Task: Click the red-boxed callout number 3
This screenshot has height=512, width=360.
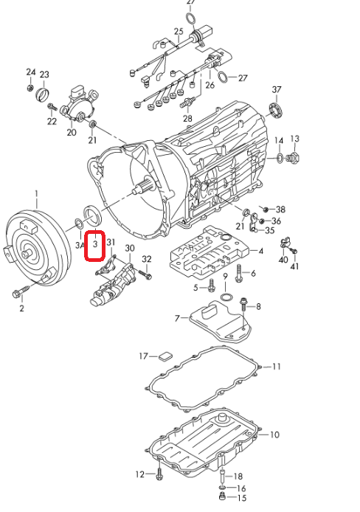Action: pos(95,244)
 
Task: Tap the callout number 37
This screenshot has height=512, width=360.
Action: pos(277,89)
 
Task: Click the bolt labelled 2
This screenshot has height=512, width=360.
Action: pos(21,292)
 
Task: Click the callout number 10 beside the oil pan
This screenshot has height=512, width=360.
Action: pos(274,435)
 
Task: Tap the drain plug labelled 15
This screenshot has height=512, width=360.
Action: pos(222,497)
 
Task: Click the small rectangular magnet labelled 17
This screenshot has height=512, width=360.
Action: pos(166,356)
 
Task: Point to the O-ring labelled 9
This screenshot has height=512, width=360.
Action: pos(226,297)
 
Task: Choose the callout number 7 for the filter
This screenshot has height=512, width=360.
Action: pos(177,318)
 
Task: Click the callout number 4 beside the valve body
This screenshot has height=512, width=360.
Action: pos(261,251)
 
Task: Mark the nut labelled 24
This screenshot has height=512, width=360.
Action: pos(30,88)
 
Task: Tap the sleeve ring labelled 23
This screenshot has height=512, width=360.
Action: pos(43,94)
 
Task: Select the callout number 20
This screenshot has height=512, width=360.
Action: pos(72,132)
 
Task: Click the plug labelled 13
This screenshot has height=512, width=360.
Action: pos(293,158)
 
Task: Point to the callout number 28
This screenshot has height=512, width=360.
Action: pos(187,118)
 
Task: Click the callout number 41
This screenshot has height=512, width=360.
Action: pos(294,266)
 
